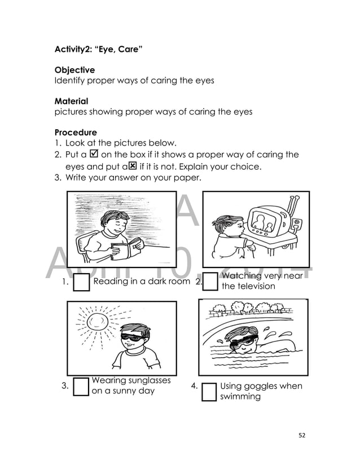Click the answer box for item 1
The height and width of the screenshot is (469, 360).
[x=82, y=283]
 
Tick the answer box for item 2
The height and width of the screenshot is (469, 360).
[x=210, y=281]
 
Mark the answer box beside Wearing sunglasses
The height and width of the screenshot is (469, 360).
[x=81, y=387]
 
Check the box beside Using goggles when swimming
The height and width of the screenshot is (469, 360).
[x=209, y=392]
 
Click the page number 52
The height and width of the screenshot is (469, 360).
[x=302, y=435]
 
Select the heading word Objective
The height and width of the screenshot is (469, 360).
[x=74, y=70]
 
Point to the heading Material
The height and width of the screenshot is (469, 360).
[x=71, y=102]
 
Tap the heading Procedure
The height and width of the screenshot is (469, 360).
[x=76, y=133]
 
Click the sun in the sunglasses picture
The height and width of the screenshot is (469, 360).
[x=97, y=322]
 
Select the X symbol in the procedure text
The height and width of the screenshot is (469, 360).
[x=133, y=166]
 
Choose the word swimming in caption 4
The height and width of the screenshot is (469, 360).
[x=240, y=396]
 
